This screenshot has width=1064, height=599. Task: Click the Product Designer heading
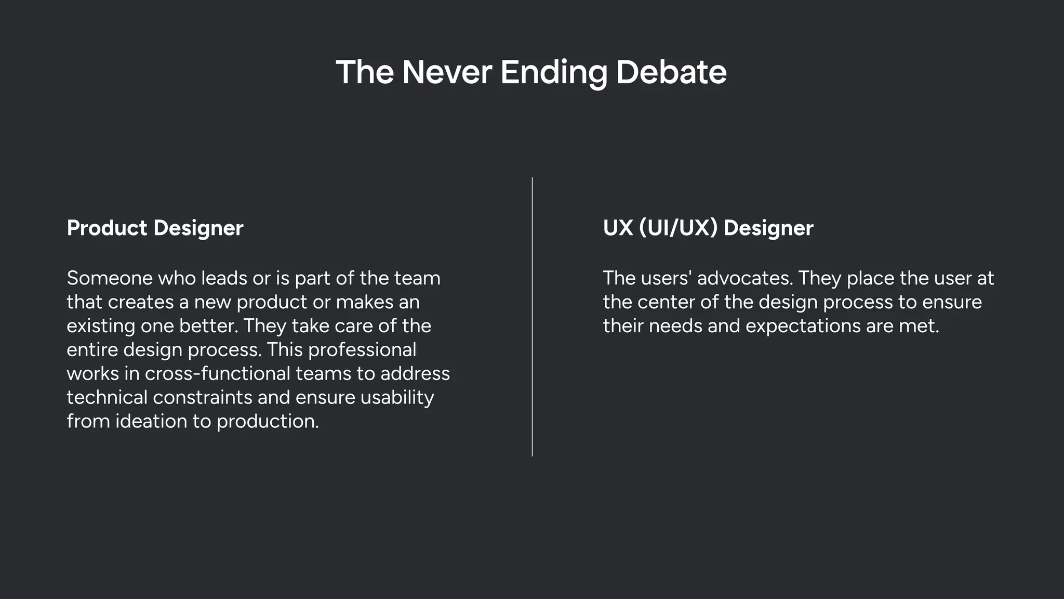pyautogui.click(x=155, y=228)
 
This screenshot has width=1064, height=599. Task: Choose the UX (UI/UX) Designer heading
pyautogui.click(x=708, y=228)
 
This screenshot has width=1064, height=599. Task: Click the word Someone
pyautogui.click(x=109, y=278)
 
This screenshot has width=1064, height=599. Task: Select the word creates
pyautogui.click(x=141, y=302)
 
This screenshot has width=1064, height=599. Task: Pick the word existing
pyautogui.click(x=101, y=326)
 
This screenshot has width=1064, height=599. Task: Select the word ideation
pyautogui.click(x=151, y=421)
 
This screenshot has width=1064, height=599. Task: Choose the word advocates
pyautogui.click(x=744, y=278)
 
